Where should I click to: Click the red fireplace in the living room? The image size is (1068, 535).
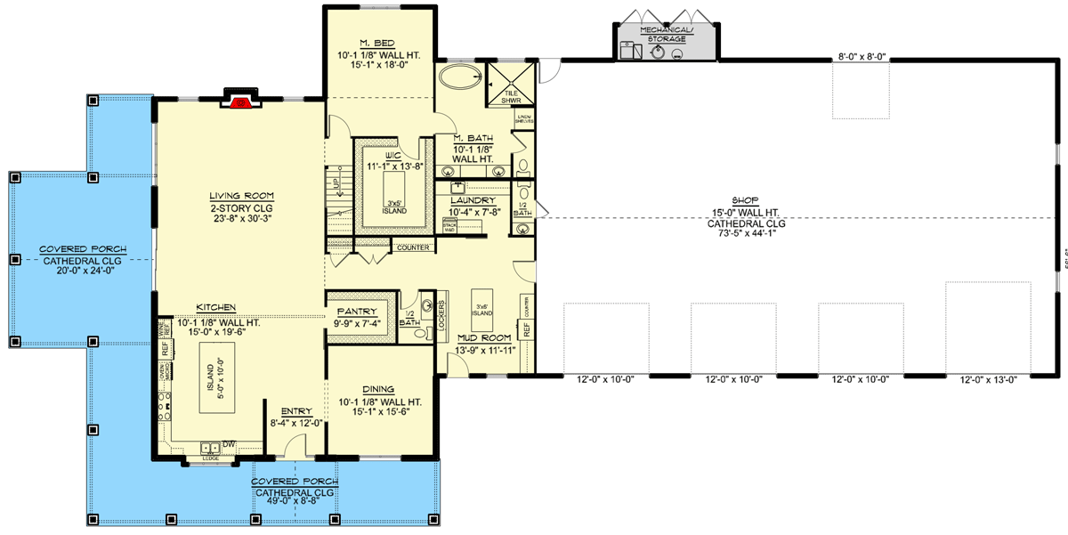[239, 103]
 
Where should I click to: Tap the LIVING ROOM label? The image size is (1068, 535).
[241, 196]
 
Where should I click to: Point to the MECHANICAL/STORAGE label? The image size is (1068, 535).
[666, 34]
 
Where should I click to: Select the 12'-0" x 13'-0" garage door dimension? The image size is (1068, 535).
[989, 379]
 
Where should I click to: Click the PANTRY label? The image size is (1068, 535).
[356, 312]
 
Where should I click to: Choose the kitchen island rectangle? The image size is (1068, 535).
[212, 385]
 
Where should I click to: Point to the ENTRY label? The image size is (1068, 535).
[296, 410]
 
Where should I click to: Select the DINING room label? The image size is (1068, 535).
[379, 389]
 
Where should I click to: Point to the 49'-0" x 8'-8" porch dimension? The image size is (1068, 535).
[292, 503]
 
